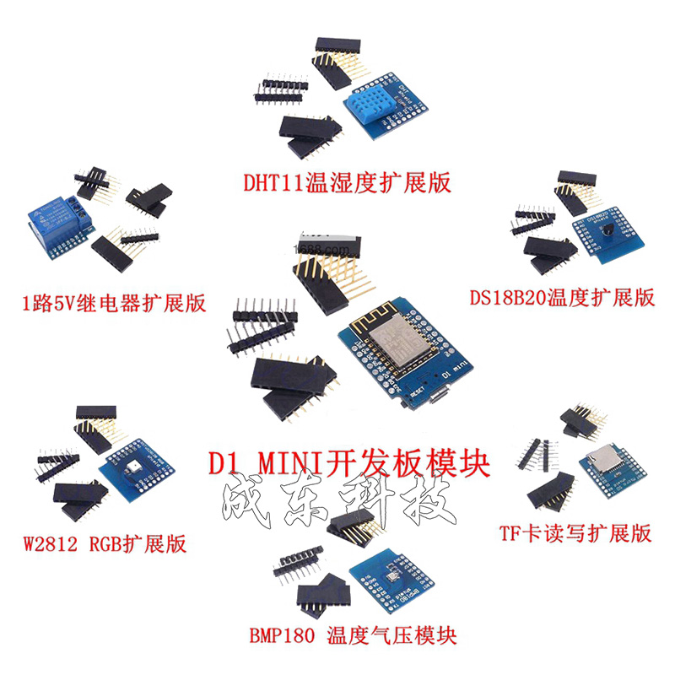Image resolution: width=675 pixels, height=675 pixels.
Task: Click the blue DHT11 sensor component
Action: tap(368, 109)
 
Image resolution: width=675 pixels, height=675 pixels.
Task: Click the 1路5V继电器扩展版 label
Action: tap(114, 303)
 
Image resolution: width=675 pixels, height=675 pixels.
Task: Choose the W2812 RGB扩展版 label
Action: tap(105, 543)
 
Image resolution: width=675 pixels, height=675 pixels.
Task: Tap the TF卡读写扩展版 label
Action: tap(575, 532)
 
